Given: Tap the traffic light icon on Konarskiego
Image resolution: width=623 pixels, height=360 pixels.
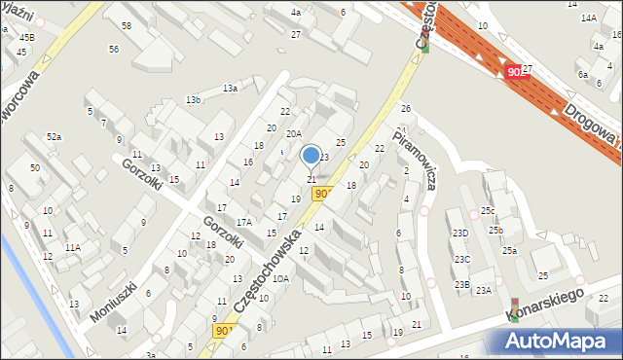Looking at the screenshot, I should pos(515,309).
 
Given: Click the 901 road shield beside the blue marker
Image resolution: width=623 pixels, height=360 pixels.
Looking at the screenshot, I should pos(322,194).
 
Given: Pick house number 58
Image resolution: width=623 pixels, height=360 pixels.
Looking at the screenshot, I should pos(126,24).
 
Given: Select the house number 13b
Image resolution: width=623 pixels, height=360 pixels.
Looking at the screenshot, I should pos(194,99).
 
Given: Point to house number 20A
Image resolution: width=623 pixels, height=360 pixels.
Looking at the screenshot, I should pos(293,134).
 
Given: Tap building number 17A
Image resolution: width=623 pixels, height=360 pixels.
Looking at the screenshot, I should pos(243,222).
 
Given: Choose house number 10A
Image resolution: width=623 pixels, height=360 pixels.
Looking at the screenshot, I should pos(280,278).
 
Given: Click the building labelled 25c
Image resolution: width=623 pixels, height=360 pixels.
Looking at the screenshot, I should pos(487,210).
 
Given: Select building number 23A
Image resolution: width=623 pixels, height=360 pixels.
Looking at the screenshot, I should pos(484,291).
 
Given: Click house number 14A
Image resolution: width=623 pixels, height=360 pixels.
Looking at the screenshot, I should pos(588,18).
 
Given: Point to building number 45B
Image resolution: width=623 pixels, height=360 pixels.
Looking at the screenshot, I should pos(26,37).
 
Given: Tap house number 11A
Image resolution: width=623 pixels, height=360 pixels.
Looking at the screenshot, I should pos(73,247).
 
